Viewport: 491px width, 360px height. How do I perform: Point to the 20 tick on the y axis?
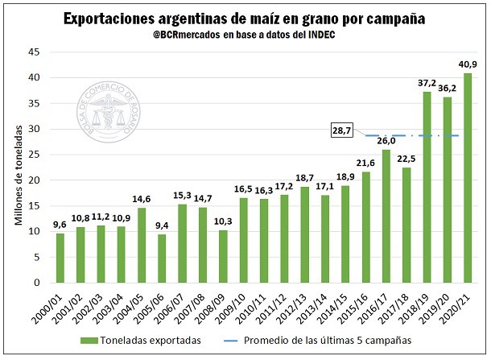[x=35, y=180]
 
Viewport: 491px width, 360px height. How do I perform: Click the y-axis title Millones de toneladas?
[x=18, y=168]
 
